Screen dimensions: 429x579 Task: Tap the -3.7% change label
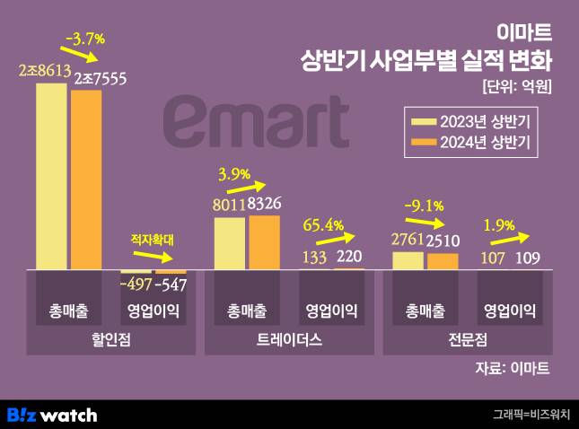point(85,39)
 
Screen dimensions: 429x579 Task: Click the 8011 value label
point(230,206)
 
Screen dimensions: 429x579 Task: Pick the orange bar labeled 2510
point(442,261)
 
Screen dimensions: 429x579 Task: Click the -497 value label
point(135,285)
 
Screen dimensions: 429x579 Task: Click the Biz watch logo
point(51,415)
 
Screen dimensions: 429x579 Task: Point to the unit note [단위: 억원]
point(515,87)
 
